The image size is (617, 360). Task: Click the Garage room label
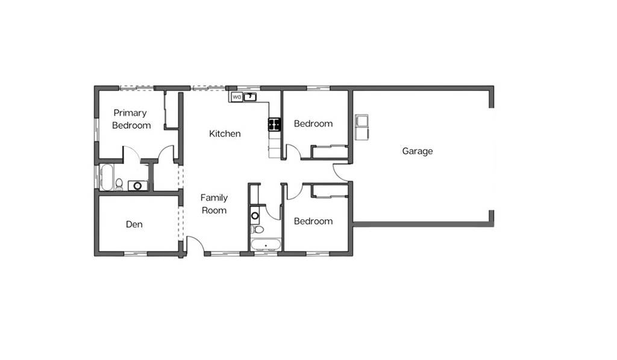pyautogui.click(x=417, y=151)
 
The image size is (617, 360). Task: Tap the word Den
pyautogui.click(x=134, y=224)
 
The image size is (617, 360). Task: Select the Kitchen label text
pyautogui.click(x=225, y=134)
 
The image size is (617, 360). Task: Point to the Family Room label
pyautogui.click(x=214, y=204)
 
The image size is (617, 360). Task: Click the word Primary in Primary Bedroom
pyautogui.click(x=130, y=113)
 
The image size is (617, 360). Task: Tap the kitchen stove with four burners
pyautogui.click(x=275, y=124)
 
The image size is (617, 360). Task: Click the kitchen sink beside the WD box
pyautogui.click(x=250, y=97)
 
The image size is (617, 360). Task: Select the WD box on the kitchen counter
pyautogui.click(x=236, y=97)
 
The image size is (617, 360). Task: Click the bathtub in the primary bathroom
pyautogui.click(x=107, y=177)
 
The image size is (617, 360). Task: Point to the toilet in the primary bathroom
pyautogui.click(x=119, y=184)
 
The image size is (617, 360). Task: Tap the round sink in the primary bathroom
pyautogui.click(x=138, y=186)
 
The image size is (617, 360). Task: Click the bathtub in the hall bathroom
pyautogui.click(x=266, y=245)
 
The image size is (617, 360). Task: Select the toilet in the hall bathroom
pyautogui.click(x=258, y=230)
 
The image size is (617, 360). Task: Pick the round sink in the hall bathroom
pyautogui.click(x=255, y=215)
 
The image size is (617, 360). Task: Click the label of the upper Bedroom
pyautogui.click(x=313, y=124)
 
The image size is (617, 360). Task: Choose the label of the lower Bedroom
pyautogui.click(x=313, y=221)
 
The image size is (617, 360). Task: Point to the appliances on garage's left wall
pyautogui.click(x=362, y=127)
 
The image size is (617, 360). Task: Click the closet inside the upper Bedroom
pyautogui.click(x=330, y=152)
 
